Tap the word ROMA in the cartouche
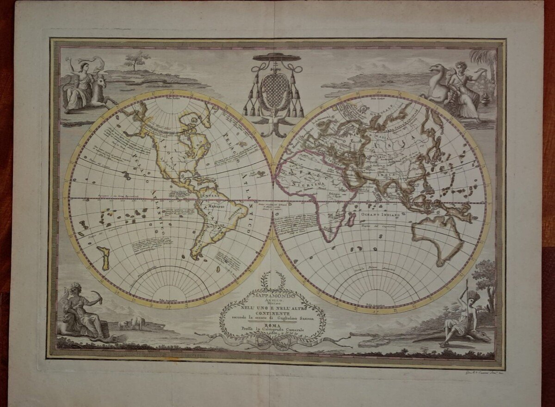click(272, 325)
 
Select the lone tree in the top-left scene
click(137, 59)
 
